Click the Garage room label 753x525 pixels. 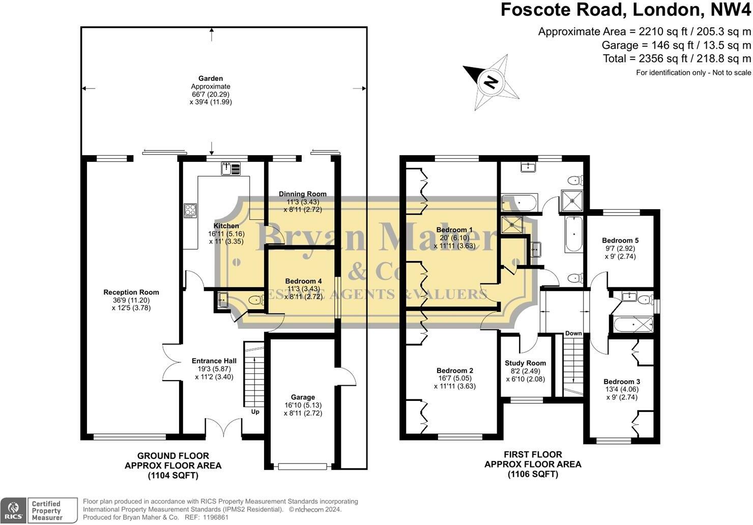pos(303,397)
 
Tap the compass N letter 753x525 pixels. pos(491,82)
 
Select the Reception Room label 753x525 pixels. pos(131,293)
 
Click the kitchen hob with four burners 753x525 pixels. pos(190,211)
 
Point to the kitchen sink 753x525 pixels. pos(230,168)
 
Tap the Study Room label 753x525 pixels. pos(526,363)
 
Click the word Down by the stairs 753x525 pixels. pos(573,333)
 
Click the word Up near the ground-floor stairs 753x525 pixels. pos(255,412)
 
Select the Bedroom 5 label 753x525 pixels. pos(620,240)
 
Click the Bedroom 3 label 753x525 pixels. pos(622,382)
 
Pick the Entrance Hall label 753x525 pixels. pos(214,361)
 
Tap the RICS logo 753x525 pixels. pos(13,510)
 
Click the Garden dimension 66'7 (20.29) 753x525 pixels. pos(211,95)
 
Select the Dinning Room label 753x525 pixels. pos(303,194)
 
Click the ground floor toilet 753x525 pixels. pos(256,300)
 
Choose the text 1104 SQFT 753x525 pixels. pos(173,476)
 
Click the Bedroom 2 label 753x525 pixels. pos(455,370)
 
